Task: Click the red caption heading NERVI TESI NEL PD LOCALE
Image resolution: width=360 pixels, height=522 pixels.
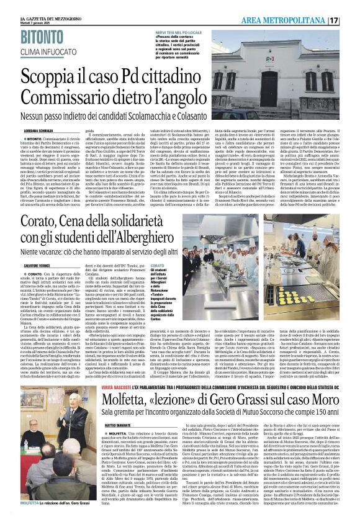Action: tap(189, 31)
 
